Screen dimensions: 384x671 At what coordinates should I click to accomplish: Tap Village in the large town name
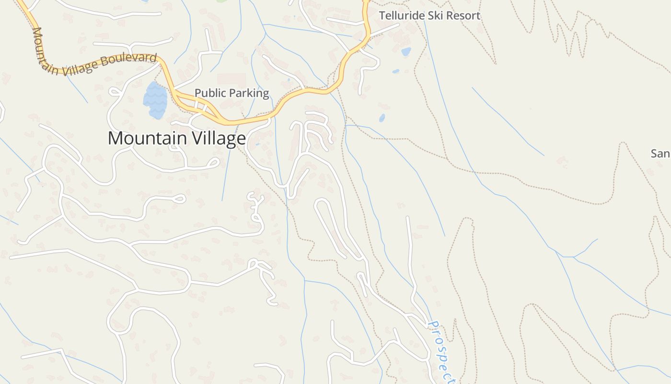(x=219, y=138)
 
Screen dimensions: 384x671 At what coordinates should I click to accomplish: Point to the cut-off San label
(x=660, y=154)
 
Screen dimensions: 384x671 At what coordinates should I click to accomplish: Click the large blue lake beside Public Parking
(x=155, y=100)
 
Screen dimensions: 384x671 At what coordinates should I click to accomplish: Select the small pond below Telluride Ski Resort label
(x=406, y=51)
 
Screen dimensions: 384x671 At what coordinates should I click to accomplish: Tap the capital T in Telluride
(x=382, y=15)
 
